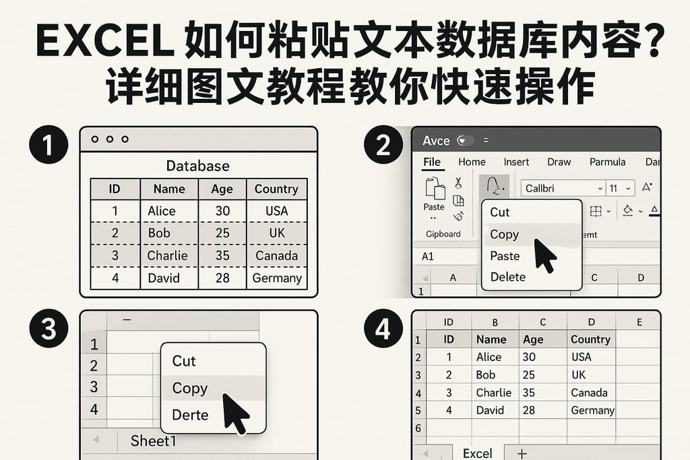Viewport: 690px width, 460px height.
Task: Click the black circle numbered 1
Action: tap(49, 145)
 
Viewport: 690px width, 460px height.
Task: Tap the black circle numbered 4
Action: tap(383, 329)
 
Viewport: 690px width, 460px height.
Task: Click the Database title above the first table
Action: tap(197, 166)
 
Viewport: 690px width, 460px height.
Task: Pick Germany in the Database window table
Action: tap(277, 277)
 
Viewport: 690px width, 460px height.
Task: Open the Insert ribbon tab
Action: tap(516, 162)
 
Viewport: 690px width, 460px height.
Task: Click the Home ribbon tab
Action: tap(472, 162)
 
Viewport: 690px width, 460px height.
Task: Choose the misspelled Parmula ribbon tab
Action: tap(607, 162)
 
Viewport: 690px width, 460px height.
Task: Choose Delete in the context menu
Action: tap(508, 277)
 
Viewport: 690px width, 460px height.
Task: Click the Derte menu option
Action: tap(190, 415)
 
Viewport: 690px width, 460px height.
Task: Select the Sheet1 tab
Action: tap(153, 441)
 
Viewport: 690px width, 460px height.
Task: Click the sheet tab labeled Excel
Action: tap(478, 453)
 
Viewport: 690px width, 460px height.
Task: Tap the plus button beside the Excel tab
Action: tap(521, 453)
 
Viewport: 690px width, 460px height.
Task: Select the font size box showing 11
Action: tap(620, 189)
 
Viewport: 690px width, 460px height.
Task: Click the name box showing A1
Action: tap(428, 257)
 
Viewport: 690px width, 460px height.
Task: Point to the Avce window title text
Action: tap(436, 141)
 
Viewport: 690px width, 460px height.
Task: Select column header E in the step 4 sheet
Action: tap(639, 322)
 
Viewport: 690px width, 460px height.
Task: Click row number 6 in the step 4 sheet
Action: tap(418, 428)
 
